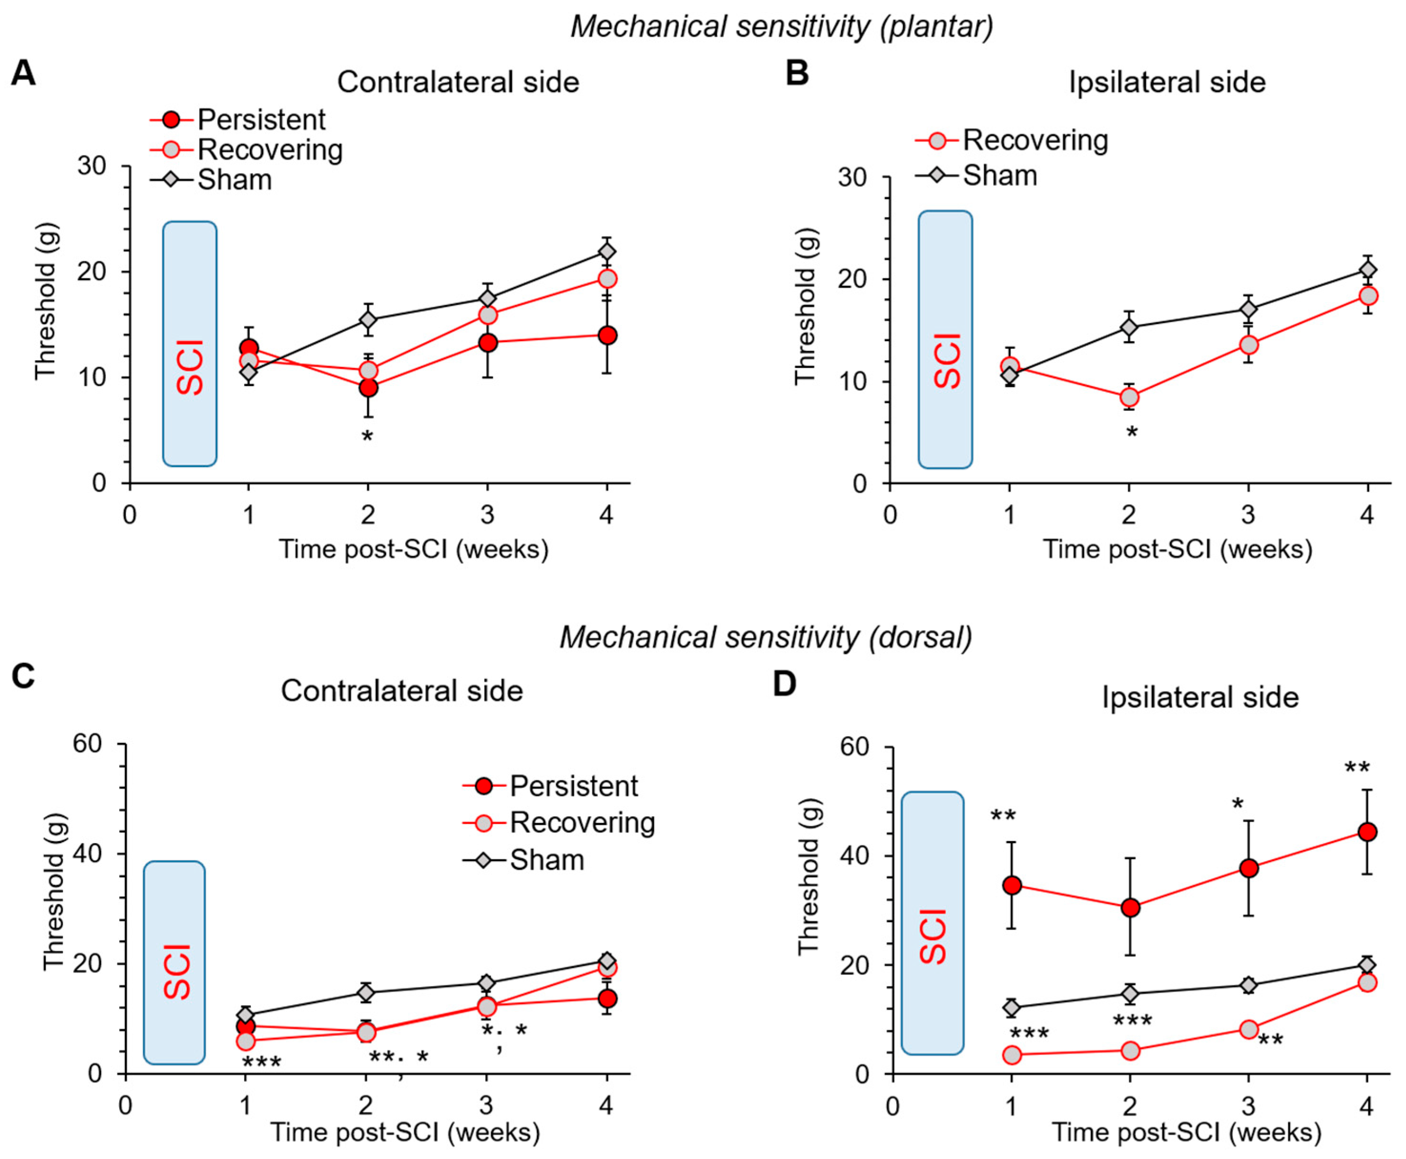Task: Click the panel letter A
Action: coord(23,72)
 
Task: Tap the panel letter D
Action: coord(785,684)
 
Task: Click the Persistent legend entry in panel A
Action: coord(260,120)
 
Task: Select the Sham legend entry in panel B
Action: coord(999,175)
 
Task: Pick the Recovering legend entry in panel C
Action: coord(581,823)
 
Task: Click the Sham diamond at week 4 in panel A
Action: coord(607,252)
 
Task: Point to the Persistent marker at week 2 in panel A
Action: coord(368,388)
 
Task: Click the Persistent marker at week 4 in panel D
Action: coord(1367,832)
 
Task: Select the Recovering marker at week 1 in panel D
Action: coord(1012,1055)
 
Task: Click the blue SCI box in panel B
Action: coord(945,339)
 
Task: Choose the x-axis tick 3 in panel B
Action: coord(1248,515)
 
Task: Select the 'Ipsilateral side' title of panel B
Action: coord(1167,82)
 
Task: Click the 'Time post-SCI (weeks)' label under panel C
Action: coord(405,1132)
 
